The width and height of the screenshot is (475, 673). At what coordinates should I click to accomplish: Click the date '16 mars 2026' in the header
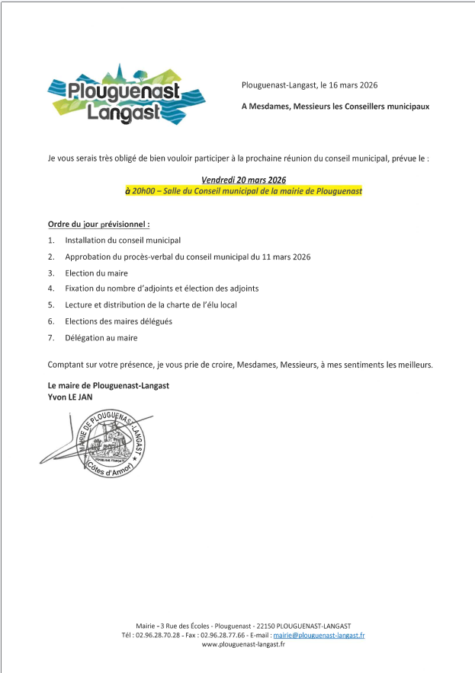click(x=349, y=85)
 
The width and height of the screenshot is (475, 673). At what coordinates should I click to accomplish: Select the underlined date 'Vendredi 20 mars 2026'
click(x=243, y=180)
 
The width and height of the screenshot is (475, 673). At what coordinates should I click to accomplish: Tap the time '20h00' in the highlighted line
click(x=143, y=191)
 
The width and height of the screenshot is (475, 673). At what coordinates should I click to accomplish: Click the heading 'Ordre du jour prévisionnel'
click(x=98, y=225)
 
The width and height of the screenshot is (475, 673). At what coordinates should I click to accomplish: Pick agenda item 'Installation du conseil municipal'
click(x=123, y=240)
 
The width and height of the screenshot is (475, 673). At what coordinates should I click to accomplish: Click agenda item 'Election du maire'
click(x=96, y=273)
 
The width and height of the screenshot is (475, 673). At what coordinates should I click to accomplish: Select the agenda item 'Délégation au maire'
click(x=101, y=337)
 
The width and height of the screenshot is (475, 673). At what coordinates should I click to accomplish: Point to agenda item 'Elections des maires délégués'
click(x=118, y=321)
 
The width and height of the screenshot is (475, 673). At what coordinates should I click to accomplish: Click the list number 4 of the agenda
click(x=50, y=289)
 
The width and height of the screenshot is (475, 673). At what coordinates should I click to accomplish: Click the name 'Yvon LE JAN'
click(x=71, y=397)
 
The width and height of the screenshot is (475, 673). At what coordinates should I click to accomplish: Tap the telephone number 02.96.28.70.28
click(x=157, y=634)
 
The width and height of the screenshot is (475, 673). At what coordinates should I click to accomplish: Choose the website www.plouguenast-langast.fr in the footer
click(x=243, y=644)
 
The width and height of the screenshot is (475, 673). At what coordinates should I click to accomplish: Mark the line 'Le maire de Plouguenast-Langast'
click(x=108, y=385)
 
